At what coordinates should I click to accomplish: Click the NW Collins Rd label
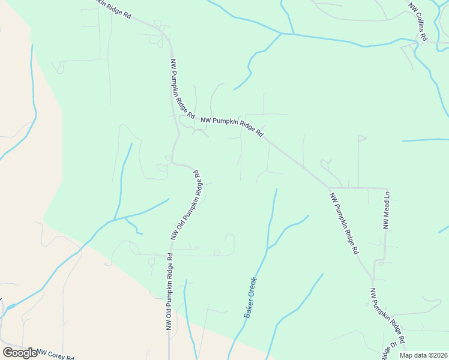(417, 22)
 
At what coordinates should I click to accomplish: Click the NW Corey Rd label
(55, 354)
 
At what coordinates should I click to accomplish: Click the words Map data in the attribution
(414, 355)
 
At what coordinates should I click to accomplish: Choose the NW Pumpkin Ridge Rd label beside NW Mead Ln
(344, 223)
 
